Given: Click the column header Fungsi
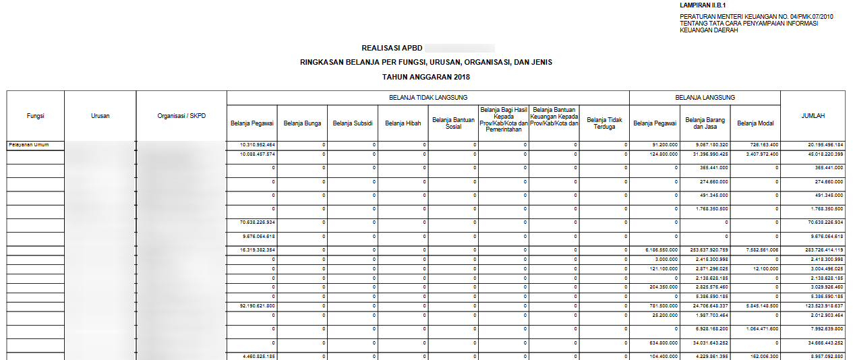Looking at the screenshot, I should coord(36,116).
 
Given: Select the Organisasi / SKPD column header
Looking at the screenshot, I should coord(181,116).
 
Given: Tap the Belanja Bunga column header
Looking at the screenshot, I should coord(302,123).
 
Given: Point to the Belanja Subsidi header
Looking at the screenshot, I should coord(353,123).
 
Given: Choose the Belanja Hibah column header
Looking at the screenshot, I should coord(403,123).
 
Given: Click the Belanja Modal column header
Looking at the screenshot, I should coord(755,123).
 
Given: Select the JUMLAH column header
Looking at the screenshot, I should coord(813,116).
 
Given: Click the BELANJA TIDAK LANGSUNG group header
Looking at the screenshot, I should coord(428,98).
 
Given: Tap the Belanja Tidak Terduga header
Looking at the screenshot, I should coord(604,123).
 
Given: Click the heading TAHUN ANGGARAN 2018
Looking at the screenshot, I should coord(426,77).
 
